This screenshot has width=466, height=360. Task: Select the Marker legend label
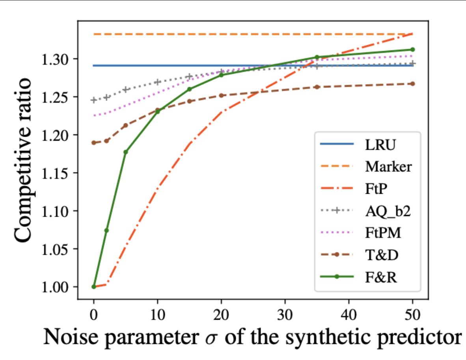click(388, 167)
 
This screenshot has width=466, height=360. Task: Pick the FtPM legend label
click(383, 233)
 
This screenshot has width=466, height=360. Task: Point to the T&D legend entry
click(381, 255)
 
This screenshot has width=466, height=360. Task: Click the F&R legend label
click(380, 277)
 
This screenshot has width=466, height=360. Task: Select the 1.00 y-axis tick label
click(55, 287)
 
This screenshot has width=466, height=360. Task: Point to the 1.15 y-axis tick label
click(55, 173)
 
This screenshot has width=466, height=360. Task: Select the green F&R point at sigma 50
click(412, 49)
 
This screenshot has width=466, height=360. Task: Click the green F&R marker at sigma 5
click(126, 152)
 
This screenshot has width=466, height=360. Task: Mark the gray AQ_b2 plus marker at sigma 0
click(94, 100)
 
